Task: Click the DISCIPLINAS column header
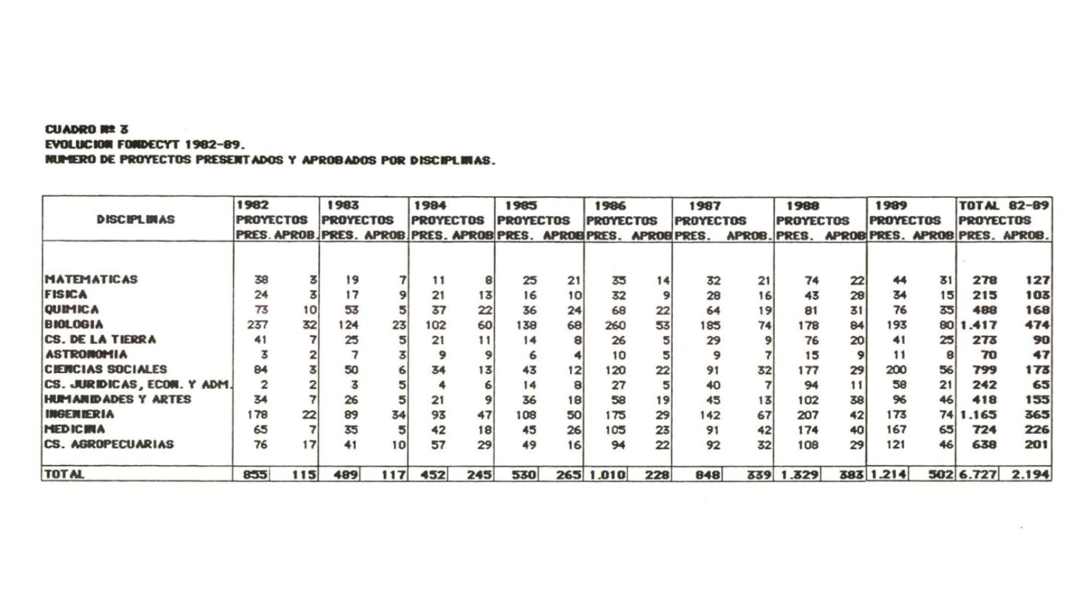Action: coord(136,220)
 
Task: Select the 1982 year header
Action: coord(252,205)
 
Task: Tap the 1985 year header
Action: coord(520,205)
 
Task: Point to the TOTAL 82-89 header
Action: coord(1003,205)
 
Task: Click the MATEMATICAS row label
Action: coord(90,279)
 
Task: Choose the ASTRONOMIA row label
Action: coord(86,354)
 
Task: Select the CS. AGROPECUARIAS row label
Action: coord(108,444)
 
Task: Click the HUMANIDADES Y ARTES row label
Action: coord(117,399)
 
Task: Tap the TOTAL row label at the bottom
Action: coord(64,474)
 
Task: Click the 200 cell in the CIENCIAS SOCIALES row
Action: coord(895,370)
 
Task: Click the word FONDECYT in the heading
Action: coord(149,144)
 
